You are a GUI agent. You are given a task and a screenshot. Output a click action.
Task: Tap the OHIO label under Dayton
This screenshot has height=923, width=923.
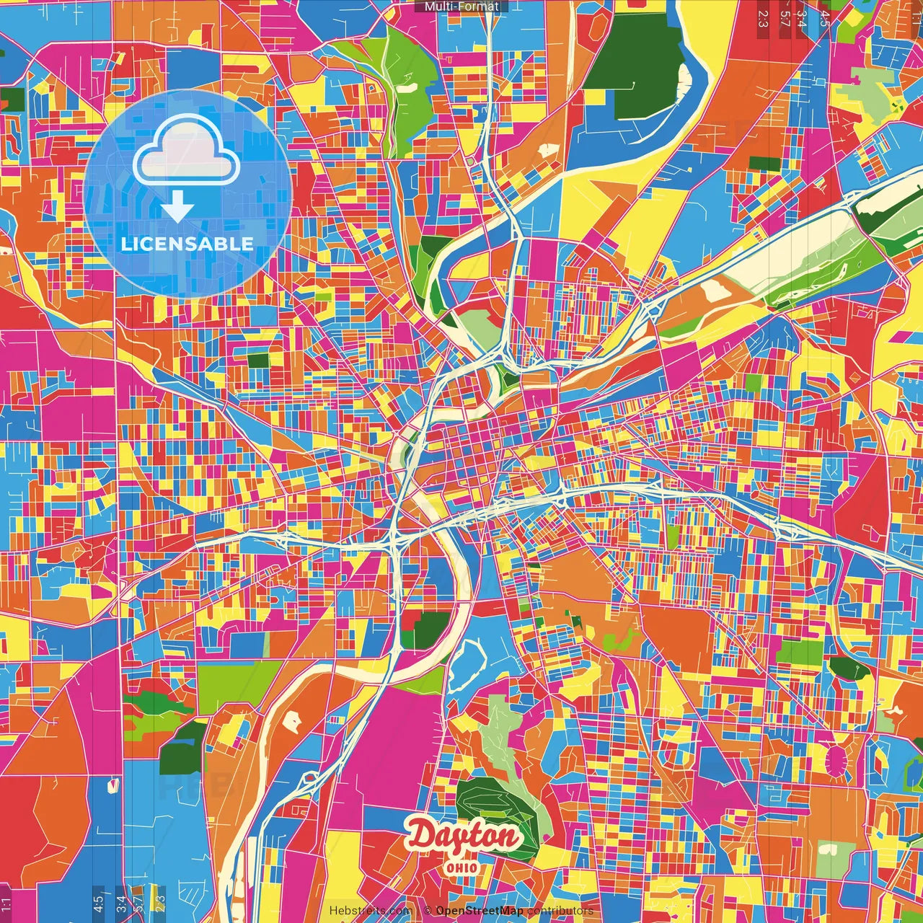461,867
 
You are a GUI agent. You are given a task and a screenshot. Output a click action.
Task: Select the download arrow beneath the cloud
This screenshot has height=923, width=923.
177,208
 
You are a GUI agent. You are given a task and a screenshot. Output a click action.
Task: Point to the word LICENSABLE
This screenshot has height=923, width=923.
187,244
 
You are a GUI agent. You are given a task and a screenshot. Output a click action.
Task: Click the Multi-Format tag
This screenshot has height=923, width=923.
461,6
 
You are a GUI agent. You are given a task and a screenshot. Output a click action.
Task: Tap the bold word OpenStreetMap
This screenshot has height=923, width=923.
480,911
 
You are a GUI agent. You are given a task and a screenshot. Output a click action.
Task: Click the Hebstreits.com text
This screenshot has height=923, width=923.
370,911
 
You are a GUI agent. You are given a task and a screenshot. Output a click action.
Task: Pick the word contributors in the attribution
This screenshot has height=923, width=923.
560,911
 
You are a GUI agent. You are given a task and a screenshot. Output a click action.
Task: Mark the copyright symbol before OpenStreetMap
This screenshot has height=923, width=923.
428,911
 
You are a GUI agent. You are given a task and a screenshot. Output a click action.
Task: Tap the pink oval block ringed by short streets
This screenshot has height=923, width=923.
836,761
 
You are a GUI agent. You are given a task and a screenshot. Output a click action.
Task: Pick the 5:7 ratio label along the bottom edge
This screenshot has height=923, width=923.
138,901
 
